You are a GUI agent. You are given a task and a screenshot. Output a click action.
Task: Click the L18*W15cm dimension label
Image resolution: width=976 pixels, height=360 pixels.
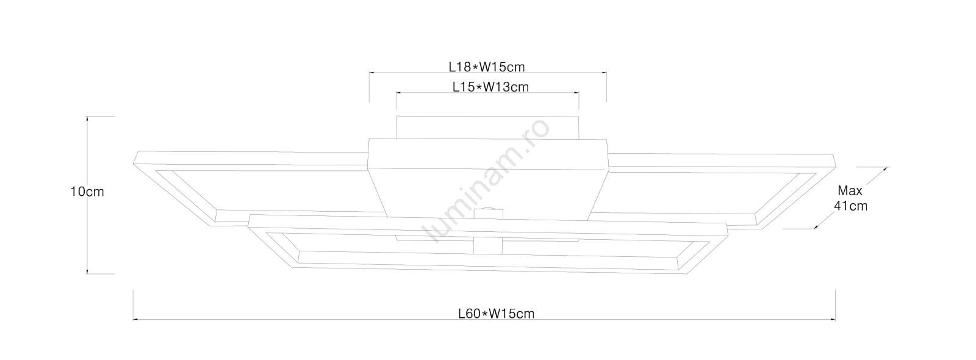click(487, 67)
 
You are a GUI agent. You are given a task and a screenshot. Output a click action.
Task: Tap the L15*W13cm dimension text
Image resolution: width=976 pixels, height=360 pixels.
click(490, 87)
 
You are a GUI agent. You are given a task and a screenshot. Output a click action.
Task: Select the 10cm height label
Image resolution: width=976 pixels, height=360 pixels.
click(87, 192)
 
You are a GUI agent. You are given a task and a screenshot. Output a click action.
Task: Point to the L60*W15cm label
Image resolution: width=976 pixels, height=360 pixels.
click(497, 314)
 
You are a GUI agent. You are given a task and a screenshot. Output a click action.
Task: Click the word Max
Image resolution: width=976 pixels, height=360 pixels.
click(850, 191)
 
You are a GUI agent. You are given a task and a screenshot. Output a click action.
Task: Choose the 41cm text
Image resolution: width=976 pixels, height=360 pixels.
click(850, 206)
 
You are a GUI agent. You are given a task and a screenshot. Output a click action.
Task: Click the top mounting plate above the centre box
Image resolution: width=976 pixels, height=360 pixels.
click(487, 128)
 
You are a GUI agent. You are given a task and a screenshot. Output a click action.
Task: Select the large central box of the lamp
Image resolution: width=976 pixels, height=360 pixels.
click(487, 179)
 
